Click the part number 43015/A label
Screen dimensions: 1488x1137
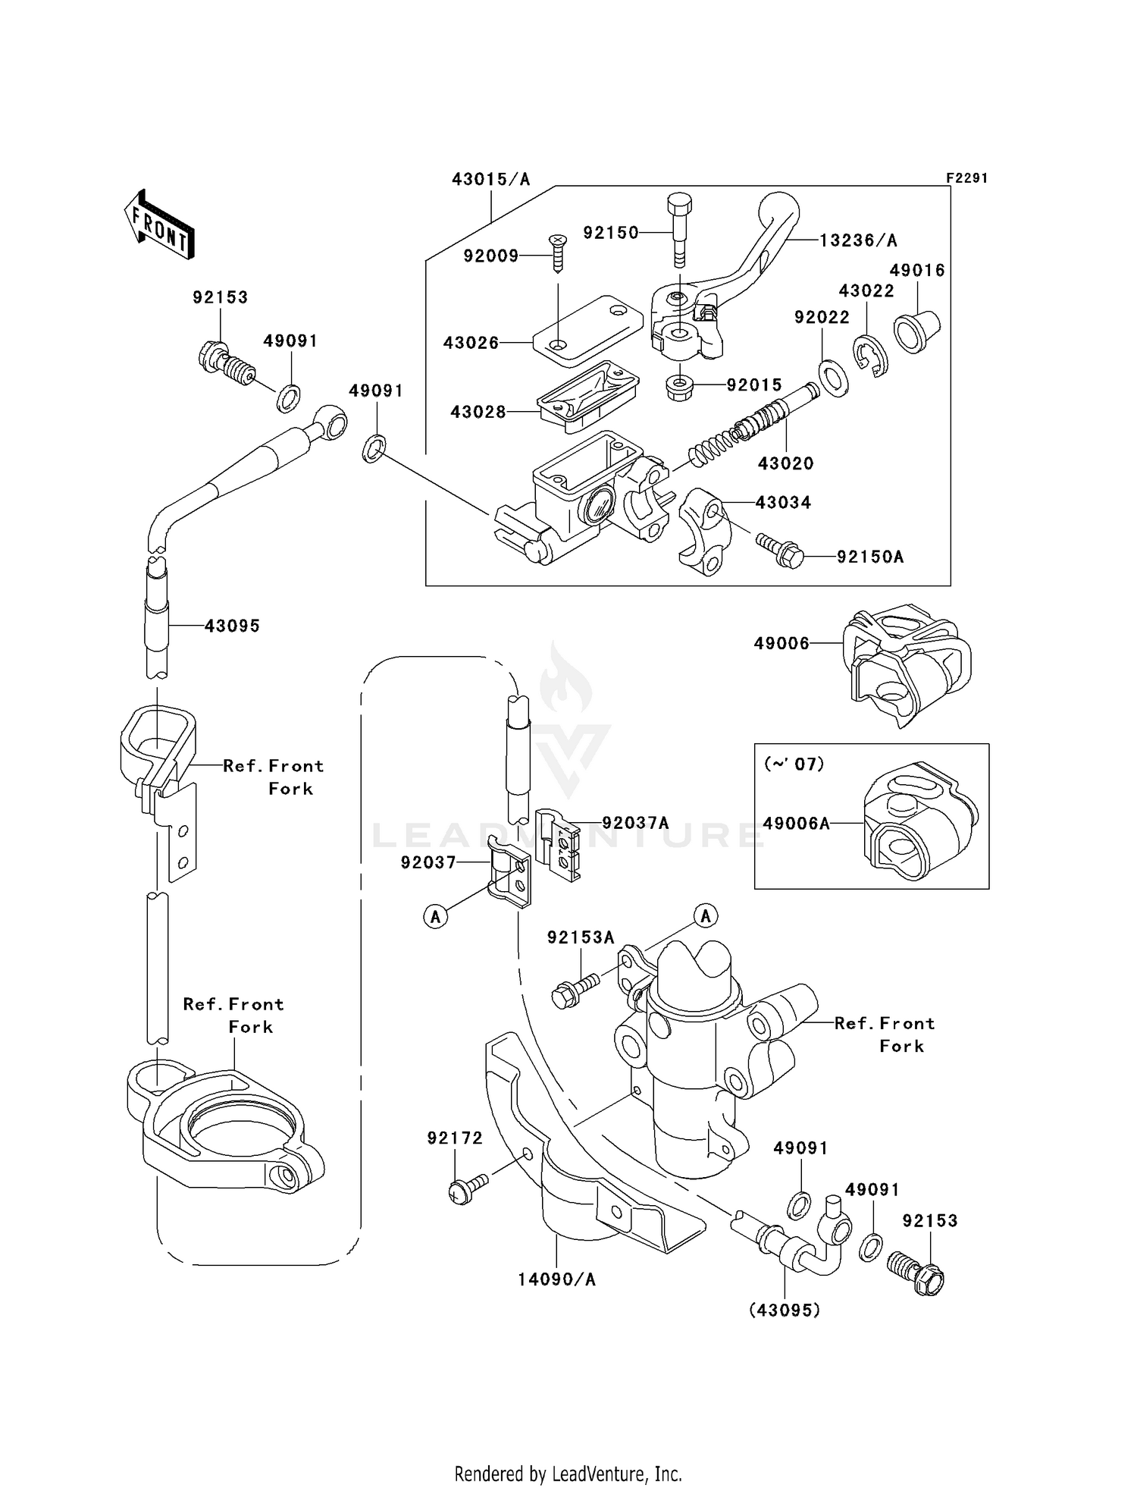coord(490,180)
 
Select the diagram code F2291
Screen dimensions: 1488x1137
coord(966,178)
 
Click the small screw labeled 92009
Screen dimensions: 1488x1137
coord(558,253)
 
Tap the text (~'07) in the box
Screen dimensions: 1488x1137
coord(794,764)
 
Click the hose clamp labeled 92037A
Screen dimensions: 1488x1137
coord(559,844)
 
